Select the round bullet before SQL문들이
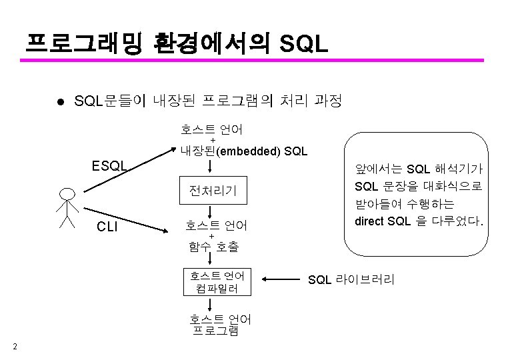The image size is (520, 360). point(60,102)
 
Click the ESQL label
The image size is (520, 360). point(109,164)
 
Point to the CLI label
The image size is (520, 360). point(107,226)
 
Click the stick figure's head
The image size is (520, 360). point(67,195)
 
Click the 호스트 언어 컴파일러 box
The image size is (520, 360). point(217,281)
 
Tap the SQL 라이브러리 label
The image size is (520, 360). point(351,279)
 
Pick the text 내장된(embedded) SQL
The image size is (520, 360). point(243,151)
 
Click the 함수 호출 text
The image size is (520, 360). point(213,247)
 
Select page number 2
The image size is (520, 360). point(15,345)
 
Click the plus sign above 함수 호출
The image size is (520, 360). point(212,236)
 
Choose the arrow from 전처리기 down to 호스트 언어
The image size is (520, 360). point(211,211)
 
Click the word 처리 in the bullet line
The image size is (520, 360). point(287,101)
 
